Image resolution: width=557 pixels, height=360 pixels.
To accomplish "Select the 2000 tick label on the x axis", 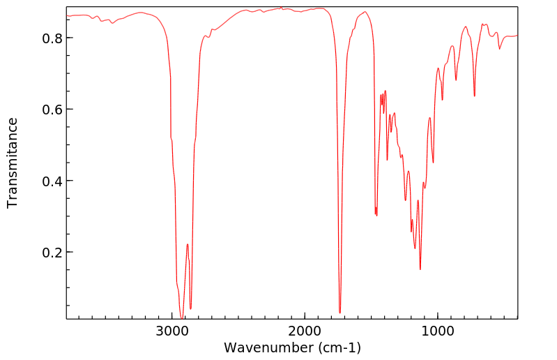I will click(305, 330).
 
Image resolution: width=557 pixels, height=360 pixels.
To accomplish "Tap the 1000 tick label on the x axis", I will click(437, 330).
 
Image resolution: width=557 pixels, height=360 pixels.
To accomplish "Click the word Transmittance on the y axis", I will click(13, 163).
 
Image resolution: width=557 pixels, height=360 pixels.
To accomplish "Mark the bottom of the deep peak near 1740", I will click(339, 313).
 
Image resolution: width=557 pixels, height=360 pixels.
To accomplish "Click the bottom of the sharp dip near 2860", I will click(190, 308).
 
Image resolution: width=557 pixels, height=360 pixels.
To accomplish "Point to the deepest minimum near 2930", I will click(181, 318).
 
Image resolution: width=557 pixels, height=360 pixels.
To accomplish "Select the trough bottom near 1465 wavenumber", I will click(376, 216).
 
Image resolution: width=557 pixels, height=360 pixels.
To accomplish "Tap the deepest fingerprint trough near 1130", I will click(420, 269).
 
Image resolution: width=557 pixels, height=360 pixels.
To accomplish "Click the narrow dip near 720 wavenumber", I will click(474, 96).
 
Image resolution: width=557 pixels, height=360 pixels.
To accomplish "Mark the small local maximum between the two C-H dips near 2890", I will click(188, 244).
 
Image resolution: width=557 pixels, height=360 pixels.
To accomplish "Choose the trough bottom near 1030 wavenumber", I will click(433, 163).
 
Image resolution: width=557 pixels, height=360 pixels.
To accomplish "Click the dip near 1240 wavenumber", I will click(405, 200).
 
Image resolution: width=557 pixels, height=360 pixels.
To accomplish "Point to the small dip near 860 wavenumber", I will click(456, 80).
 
